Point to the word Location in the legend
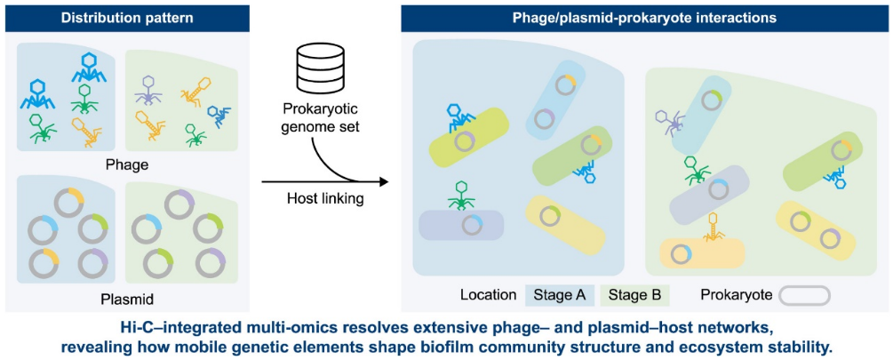488,295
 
